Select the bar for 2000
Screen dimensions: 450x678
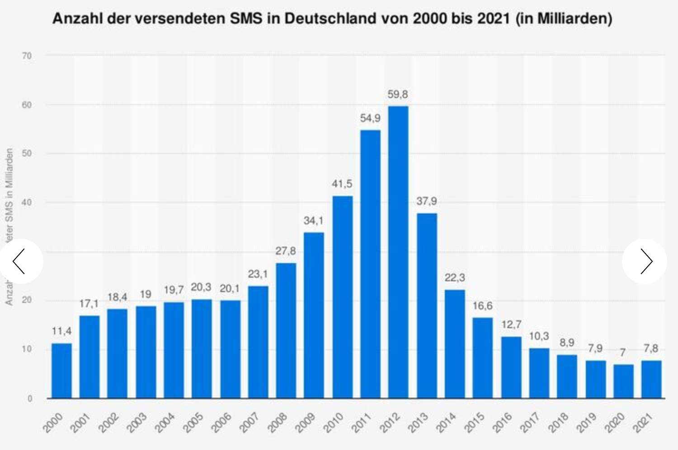point(61,371)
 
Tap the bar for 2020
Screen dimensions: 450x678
point(623,381)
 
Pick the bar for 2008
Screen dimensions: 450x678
point(286,330)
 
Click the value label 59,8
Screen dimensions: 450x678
point(398,94)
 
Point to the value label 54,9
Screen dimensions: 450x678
point(370,118)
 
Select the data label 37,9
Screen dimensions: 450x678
point(427,201)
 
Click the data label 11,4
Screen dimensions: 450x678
point(61,331)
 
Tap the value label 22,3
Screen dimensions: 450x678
point(455,278)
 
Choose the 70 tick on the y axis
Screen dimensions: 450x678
point(27,56)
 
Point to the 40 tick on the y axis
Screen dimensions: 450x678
point(27,203)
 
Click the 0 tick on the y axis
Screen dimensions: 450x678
point(30,399)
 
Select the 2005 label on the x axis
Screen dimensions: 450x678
point(193,422)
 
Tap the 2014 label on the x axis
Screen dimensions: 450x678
point(446,422)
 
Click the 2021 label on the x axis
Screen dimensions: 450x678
point(643,422)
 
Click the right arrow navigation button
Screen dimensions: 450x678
point(645,261)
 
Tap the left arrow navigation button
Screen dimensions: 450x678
point(20,261)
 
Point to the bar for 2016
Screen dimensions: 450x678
point(511,367)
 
